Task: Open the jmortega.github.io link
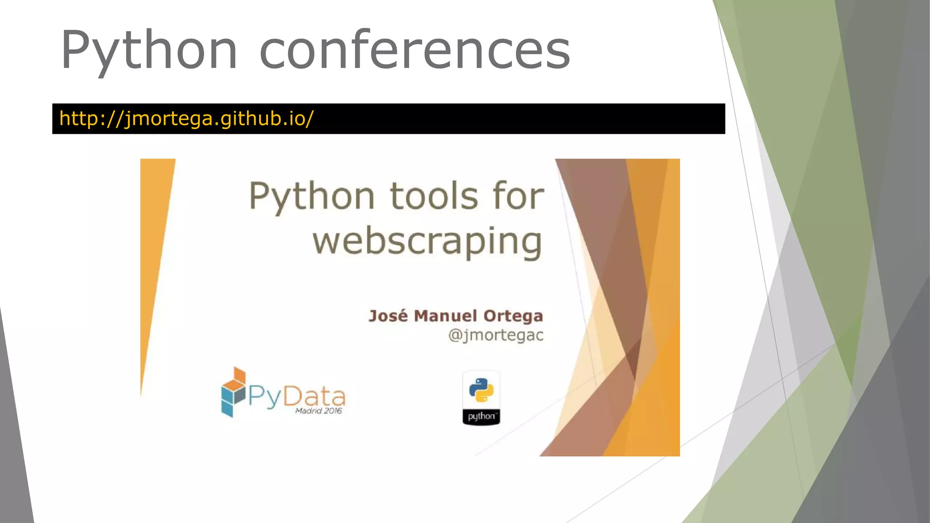click(186, 118)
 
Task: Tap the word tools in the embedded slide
click(434, 196)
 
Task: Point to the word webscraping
click(427, 242)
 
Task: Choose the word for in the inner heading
click(518, 196)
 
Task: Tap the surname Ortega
click(513, 316)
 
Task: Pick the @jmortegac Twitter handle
click(495, 336)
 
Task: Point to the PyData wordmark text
click(297, 396)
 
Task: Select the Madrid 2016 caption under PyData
click(318, 411)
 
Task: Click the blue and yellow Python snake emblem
click(481, 390)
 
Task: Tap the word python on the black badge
click(481, 416)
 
